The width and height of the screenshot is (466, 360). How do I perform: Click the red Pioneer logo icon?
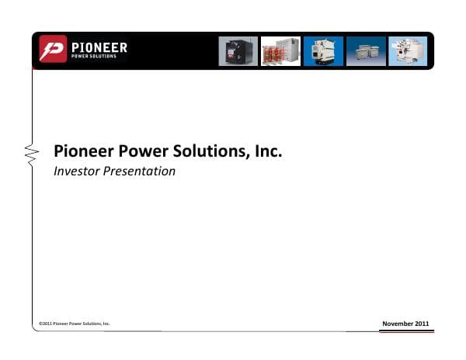[x=54, y=50]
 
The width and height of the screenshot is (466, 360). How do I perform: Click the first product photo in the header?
[x=238, y=51]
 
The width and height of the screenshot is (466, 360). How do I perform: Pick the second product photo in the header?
[x=280, y=51]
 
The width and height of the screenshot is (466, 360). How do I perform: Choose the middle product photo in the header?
[x=322, y=51]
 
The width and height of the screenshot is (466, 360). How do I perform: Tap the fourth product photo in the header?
[x=365, y=51]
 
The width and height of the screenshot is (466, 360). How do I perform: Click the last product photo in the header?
[x=408, y=51]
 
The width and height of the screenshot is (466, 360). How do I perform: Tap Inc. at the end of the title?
[x=266, y=151]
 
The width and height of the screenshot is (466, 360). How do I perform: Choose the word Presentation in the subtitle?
[x=141, y=171]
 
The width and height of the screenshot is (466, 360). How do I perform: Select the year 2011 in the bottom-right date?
[x=420, y=322]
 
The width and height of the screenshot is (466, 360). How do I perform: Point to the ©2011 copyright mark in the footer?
[x=46, y=323]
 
